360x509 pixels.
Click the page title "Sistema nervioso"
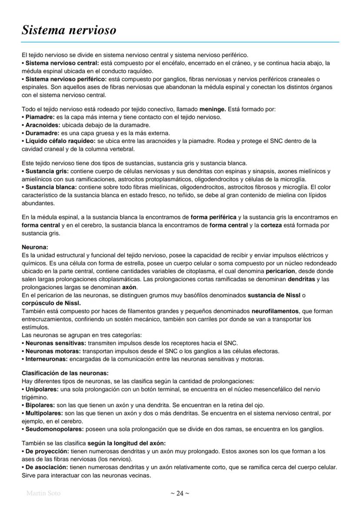69,30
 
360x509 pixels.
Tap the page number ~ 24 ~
180,493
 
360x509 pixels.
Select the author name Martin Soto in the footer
43,493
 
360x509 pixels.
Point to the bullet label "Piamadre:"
39,117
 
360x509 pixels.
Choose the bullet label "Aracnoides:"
42,125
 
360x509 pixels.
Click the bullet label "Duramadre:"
42,133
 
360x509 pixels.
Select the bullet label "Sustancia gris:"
45,171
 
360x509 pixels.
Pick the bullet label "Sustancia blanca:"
49,187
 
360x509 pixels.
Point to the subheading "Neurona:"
35,247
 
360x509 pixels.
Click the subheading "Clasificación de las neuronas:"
65,373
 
